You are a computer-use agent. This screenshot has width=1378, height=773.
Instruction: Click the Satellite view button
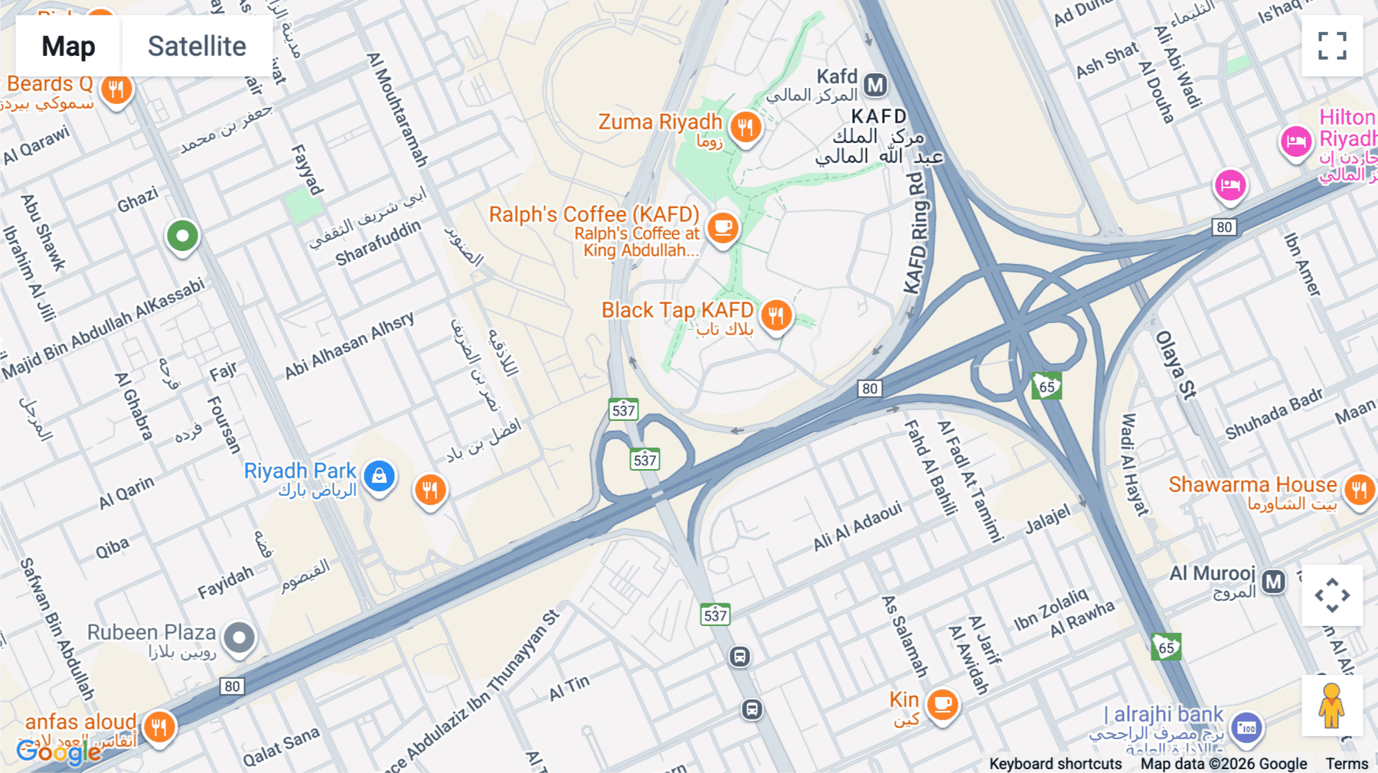197,47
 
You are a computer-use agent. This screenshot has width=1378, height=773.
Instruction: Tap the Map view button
69,47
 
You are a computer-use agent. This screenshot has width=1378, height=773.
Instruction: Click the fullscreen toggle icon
1332,46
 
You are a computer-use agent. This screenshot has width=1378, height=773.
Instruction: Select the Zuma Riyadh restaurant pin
746,126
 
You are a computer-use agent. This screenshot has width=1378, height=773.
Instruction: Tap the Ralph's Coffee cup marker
722,227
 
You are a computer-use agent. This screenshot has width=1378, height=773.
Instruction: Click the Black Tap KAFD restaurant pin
776,315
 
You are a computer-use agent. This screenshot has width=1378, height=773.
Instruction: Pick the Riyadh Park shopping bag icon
379,476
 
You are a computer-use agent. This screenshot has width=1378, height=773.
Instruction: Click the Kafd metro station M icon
875,84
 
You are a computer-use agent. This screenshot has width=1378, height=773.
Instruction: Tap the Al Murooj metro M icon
1273,582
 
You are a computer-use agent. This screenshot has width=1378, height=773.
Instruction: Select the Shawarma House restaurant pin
1360,489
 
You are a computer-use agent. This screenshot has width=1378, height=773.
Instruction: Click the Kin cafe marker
942,703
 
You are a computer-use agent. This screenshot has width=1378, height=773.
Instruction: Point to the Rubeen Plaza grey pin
239,637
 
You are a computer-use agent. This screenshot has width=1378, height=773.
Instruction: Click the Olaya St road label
1175,365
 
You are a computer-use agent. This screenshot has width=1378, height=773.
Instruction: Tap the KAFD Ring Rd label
916,233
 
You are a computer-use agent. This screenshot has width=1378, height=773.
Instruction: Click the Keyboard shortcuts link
1055,763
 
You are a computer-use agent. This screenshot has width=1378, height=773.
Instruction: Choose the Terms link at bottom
1347,763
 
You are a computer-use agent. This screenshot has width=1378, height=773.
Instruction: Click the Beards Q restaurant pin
116,90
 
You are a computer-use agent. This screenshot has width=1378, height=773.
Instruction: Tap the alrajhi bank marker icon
1246,728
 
